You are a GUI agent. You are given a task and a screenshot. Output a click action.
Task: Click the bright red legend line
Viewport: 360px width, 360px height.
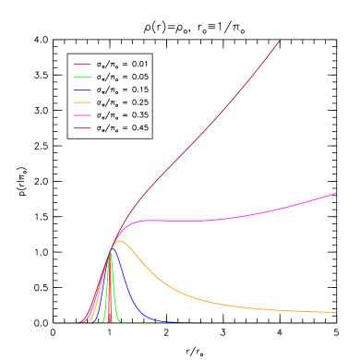82,65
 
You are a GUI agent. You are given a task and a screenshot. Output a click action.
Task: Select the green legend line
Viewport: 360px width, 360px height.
82,77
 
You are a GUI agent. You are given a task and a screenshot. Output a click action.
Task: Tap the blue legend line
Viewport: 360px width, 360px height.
82,90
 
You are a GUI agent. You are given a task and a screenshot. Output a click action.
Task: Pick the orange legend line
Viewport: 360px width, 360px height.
82,102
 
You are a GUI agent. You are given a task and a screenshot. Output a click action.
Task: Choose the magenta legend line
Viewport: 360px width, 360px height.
82,114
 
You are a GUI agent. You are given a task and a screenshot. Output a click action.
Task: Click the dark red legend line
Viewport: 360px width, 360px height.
82,127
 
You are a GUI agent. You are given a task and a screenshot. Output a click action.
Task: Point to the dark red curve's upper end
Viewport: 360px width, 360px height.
279,41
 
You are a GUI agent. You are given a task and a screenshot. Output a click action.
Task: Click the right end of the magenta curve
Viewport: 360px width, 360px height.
335,194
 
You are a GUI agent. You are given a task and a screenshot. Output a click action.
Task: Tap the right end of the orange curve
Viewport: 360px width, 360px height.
335,313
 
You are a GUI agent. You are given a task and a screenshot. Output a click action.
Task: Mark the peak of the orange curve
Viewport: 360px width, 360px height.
118,241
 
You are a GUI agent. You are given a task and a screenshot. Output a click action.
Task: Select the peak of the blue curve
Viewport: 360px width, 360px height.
113,249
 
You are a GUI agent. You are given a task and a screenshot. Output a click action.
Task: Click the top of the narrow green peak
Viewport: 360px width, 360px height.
111,253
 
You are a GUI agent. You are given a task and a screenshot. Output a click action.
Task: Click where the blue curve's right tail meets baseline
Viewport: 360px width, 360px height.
171,322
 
